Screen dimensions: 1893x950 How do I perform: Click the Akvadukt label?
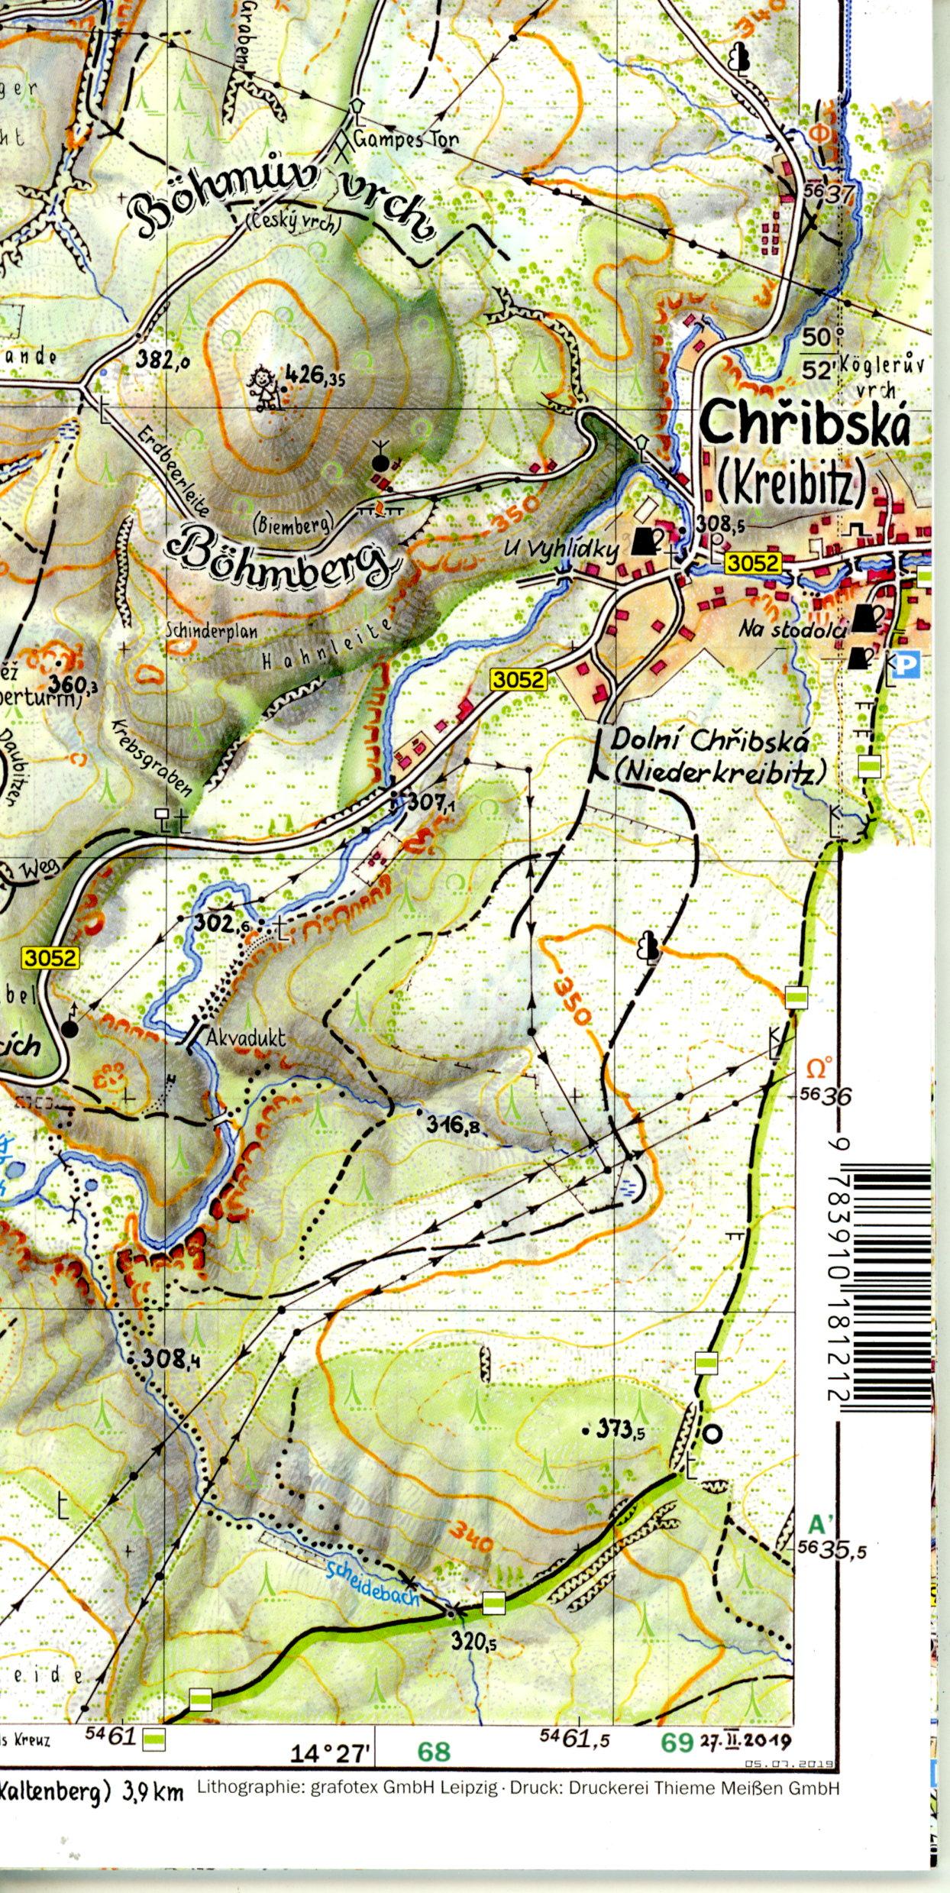(x=246, y=1038)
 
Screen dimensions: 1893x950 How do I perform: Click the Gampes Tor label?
(x=406, y=140)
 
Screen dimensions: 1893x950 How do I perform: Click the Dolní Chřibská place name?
(x=710, y=741)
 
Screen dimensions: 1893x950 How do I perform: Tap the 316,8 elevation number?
(x=453, y=1124)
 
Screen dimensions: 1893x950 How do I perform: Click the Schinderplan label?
(x=212, y=632)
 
